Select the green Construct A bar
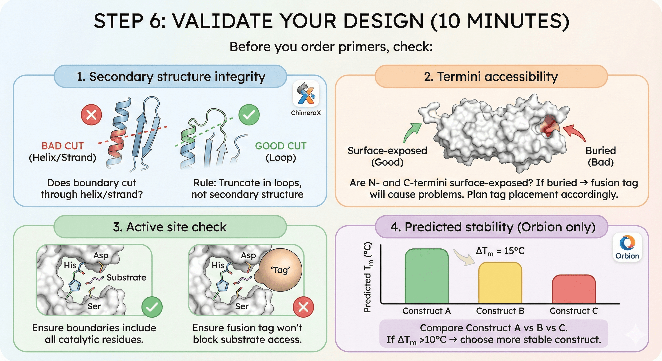click(x=426, y=276)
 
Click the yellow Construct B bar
click(x=500, y=283)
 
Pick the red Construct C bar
click(x=574, y=289)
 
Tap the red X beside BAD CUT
click(x=91, y=115)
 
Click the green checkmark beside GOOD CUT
click(x=249, y=115)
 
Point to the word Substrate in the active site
click(x=126, y=278)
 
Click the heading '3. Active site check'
click(x=170, y=227)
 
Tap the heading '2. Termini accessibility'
click(x=491, y=77)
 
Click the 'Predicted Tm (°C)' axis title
click(x=368, y=278)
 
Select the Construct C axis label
click(x=574, y=311)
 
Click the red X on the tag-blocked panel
click(x=303, y=307)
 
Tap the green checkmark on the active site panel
click(x=152, y=307)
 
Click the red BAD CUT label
click(x=63, y=146)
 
